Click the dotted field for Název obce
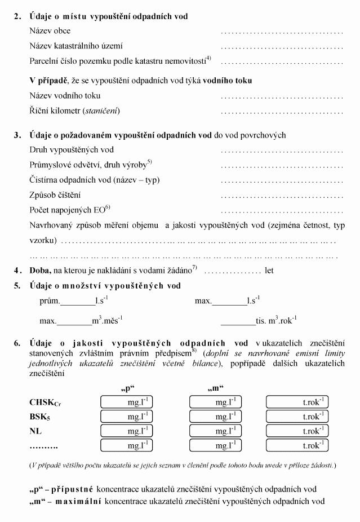click(282, 32)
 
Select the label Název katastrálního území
click(76, 46)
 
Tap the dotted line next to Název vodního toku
click(282, 96)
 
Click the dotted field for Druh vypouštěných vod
click(282, 151)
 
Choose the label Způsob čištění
click(55, 195)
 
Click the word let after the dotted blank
click(269, 271)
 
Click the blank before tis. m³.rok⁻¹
click(238, 322)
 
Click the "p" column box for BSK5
click(128, 417)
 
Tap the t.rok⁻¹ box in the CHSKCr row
click(297, 402)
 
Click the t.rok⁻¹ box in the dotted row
click(297, 445)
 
